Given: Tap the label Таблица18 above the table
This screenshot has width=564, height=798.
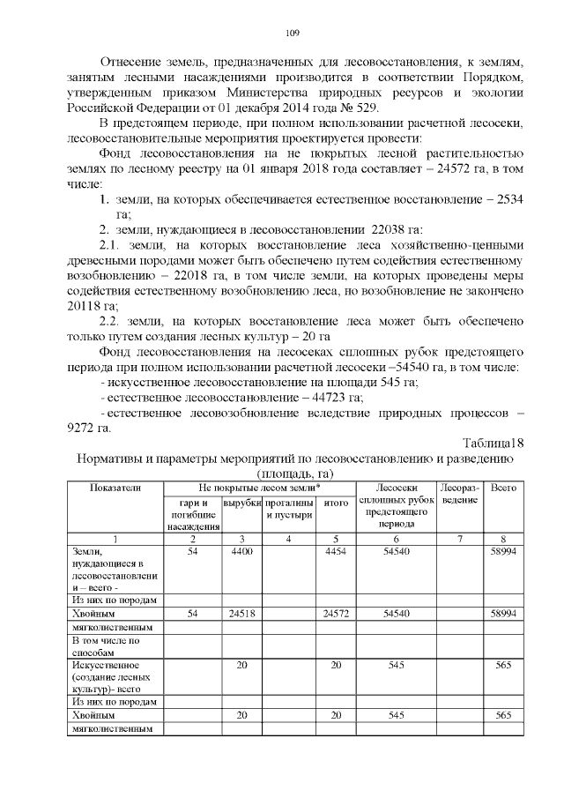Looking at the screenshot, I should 493,443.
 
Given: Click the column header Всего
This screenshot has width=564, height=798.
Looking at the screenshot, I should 503,487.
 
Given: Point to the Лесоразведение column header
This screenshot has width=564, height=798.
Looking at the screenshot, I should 458,494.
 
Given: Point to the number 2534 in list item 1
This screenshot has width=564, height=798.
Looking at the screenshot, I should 509,199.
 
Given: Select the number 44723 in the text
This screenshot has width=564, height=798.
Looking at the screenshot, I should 321,398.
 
